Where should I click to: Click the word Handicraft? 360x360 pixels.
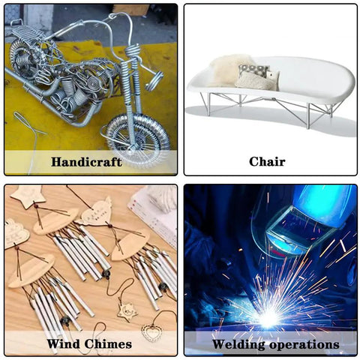(86, 162)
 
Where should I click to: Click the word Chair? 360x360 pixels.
(267, 161)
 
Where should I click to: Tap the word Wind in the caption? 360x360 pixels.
(63, 343)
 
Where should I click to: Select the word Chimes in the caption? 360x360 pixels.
(108, 343)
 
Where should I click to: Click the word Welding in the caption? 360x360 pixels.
(238, 345)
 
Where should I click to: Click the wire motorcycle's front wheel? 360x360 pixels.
(138, 141)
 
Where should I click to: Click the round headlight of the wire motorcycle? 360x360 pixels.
(154, 81)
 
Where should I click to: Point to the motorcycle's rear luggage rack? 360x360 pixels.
(24, 32)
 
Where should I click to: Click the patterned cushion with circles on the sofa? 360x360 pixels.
(253, 70)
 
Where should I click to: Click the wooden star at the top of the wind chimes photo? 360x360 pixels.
(28, 196)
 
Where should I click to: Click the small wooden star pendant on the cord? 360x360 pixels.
(127, 311)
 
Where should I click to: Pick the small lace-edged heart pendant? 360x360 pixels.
(151, 332)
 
